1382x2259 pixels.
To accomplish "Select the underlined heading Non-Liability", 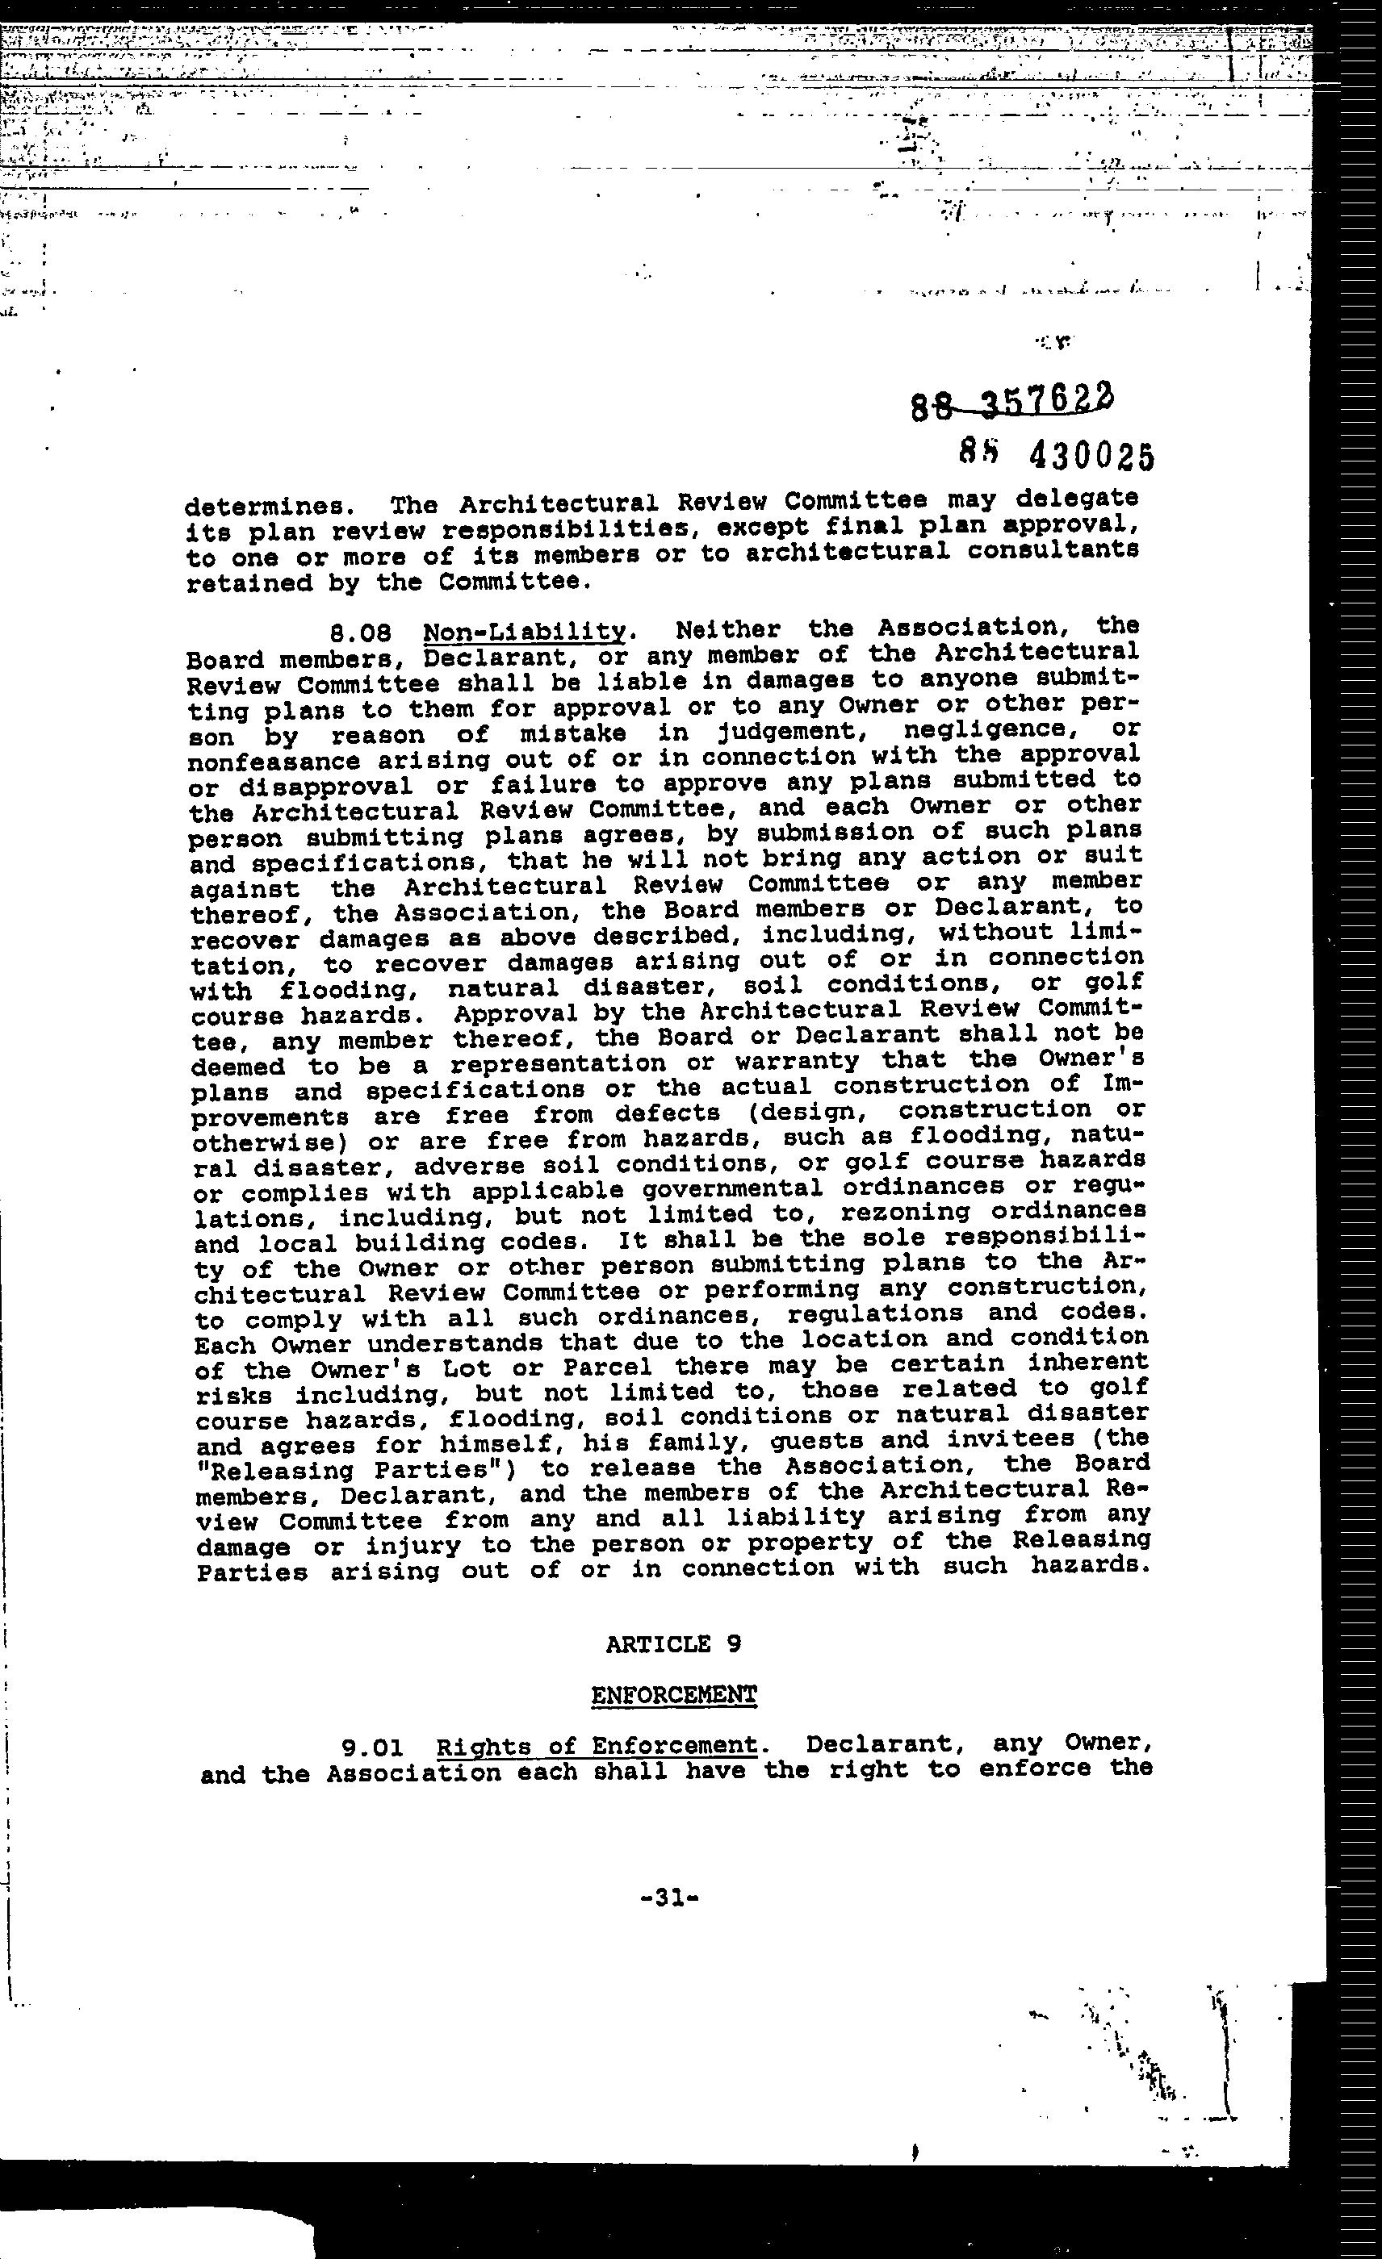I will coord(525,632).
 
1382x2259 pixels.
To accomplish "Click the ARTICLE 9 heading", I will coord(673,1644).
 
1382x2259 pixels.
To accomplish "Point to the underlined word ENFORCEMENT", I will coord(674,1694).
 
